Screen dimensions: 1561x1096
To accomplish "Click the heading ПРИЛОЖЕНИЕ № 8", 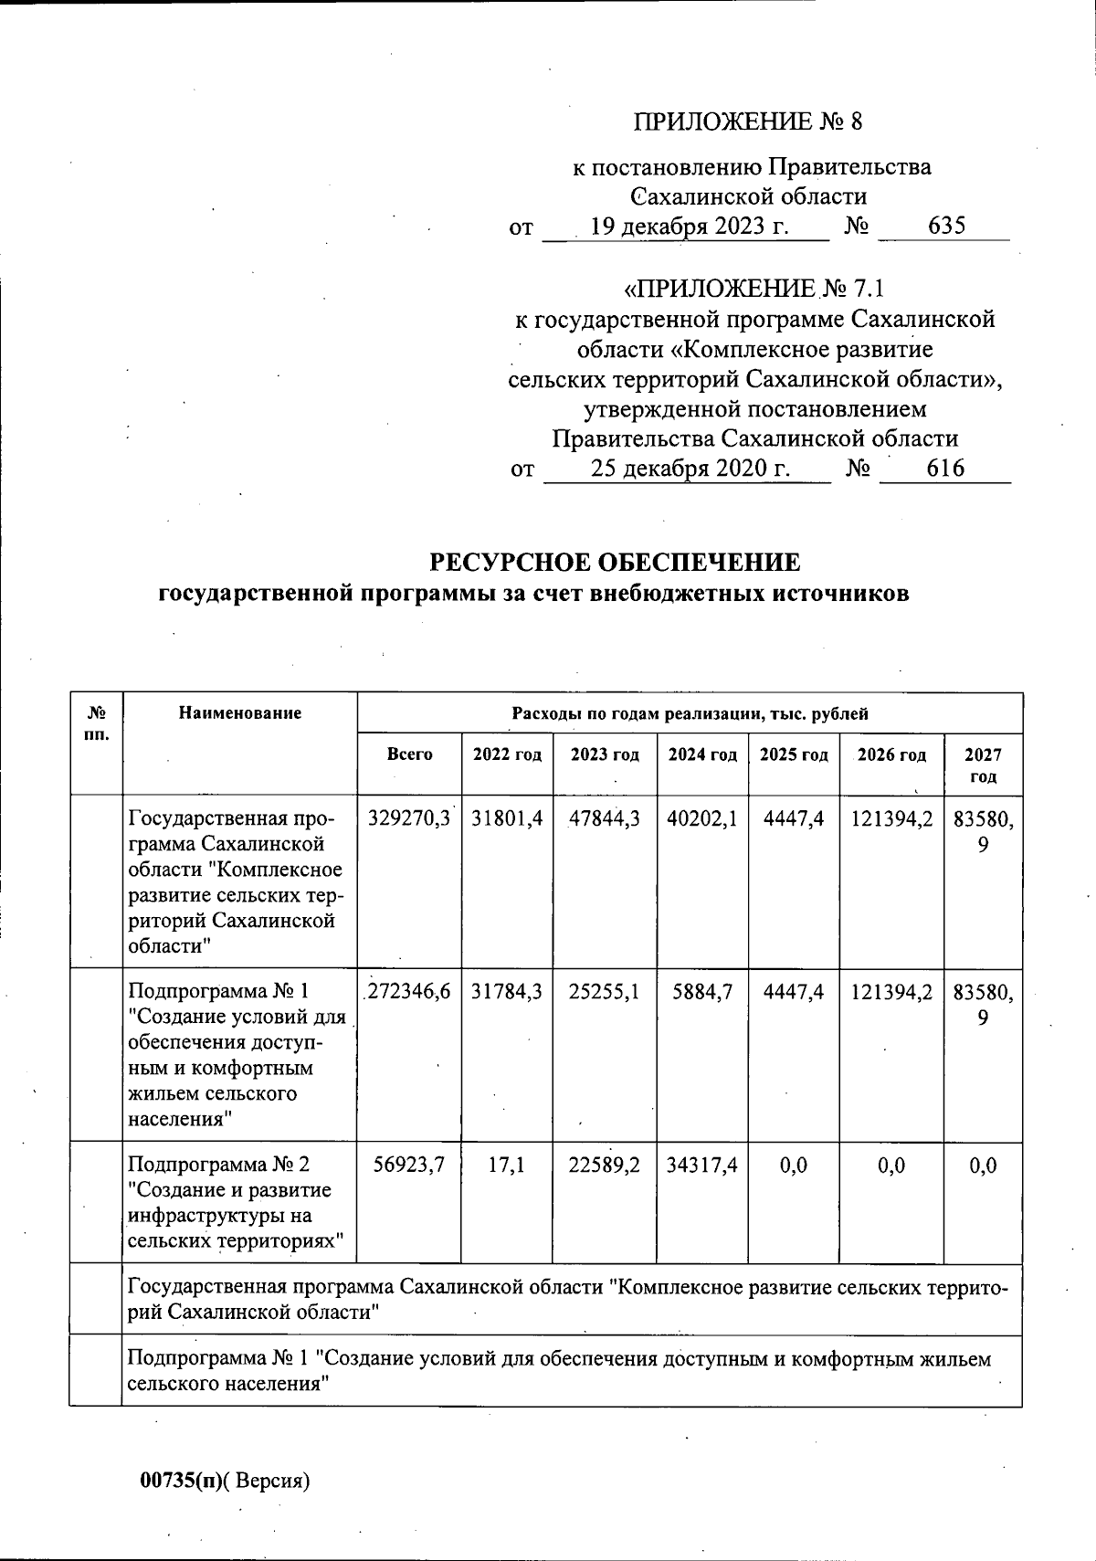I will click(747, 122).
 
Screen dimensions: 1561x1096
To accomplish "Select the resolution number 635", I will click(945, 227).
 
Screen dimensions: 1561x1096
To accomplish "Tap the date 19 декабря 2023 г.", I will click(689, 227).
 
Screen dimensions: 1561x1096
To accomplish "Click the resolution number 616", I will click(945, 469).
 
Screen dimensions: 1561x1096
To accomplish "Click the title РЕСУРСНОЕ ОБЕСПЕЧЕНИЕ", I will click(615, 562).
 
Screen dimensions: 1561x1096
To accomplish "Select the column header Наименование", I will click(239, 713).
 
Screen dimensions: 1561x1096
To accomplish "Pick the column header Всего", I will click(409, 755).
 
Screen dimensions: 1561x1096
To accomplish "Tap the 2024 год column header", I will click(701, 755).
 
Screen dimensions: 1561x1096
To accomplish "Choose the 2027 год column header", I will click(983, 765).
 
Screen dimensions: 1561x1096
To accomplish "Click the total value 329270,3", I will click(409, 819).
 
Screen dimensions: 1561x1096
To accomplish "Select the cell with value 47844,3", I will click(604, 819).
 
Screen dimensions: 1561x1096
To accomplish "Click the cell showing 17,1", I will click(506, 1165).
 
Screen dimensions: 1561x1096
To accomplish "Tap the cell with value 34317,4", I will click(701, 1165).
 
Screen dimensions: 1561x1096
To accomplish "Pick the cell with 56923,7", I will click(409, 1165).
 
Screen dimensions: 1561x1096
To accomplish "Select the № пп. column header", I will click(96, 723).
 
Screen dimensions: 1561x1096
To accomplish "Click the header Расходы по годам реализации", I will click(690, 714).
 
